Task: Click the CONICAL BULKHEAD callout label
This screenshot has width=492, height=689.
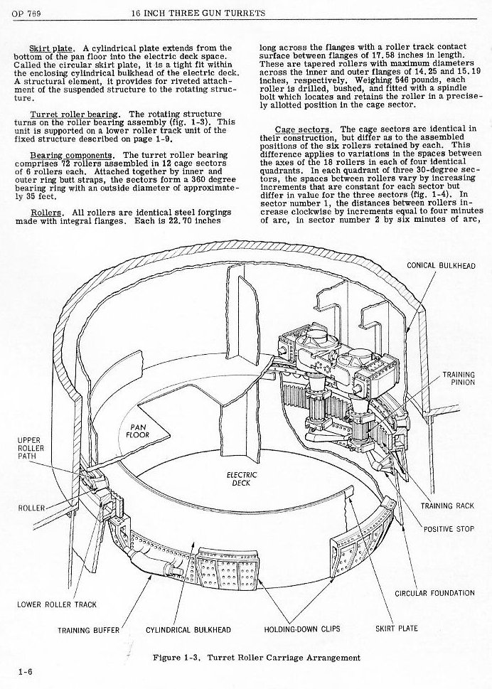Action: pos(440,265)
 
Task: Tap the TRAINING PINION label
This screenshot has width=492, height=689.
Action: pos(459,378)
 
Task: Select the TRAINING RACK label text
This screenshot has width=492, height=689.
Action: pos(446,506)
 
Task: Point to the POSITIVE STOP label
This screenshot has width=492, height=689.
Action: pos(449,528)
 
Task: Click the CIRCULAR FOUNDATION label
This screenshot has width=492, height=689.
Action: pos(434,592)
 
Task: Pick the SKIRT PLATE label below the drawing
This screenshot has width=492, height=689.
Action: pos(396,629)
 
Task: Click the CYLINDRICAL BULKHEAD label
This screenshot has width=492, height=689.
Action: pos(188,629)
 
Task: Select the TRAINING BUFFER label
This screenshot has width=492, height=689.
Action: pos(89,629)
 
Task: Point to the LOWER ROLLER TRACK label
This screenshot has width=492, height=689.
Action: pos(56,605)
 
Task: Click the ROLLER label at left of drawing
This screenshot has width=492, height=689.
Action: pos(31,508)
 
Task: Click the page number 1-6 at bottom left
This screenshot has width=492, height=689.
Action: pos(26,670)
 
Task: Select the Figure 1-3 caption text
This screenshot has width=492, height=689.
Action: pos(256,657)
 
